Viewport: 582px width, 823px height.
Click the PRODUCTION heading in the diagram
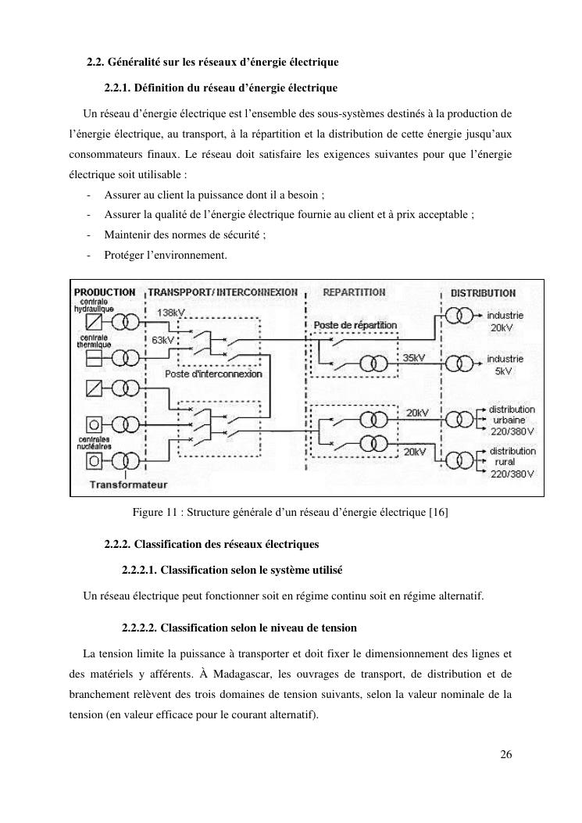[104, 292]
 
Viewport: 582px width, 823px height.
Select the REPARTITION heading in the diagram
[354, 292]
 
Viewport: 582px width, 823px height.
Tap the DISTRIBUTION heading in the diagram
[483, 293]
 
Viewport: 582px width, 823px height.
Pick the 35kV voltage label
[413, 357]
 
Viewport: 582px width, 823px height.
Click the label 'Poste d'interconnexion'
[213, 374]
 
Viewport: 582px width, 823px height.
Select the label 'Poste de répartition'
[355, 324]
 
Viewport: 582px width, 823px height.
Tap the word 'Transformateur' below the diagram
[129, 485]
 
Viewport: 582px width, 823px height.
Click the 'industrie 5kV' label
[505, 365]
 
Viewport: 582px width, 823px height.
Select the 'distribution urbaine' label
[512, 419]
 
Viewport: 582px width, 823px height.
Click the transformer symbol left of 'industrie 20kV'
[459, 315]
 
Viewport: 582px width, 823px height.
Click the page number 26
[505, 754]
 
